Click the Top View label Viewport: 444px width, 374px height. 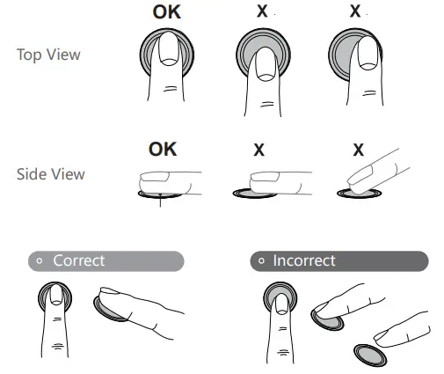tap(48, 55)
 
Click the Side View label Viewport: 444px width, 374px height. tap(51, 174)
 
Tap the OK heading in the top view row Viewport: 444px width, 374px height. tap(167, 12)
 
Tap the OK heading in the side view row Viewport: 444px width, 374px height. tap(163, 150)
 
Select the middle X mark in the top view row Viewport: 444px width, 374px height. tap(262, 11)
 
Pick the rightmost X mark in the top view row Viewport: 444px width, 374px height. tap(355, 11)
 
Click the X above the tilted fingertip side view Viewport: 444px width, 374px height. tap(359, 150)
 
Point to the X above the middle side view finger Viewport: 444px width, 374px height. tap(258, 150)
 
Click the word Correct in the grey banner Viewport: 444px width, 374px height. tap(79, 260)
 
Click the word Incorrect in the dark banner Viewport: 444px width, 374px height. tap(304, 260)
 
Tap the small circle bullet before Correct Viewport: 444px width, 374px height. tap(40, 260)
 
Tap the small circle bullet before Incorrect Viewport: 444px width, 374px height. tap(261, 260)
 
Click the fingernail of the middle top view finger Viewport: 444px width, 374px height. tap(266, 65)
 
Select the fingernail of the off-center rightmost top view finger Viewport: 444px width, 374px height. tap(368, 54)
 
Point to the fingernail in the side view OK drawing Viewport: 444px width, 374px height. tap(155, 177)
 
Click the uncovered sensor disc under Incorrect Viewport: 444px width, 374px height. tap(370, 356)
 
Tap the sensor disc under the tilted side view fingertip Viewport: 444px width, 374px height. tap(360, 194)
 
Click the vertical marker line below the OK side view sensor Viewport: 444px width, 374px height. tap(160, 201)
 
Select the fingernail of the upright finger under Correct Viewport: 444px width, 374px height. tap(55, 295)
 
